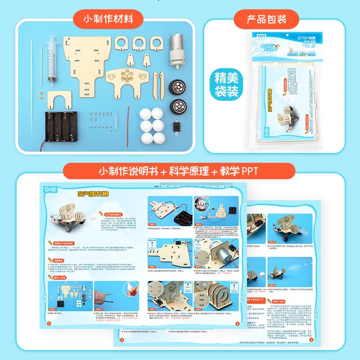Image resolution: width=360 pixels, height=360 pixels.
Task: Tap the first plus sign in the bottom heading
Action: [163, 171]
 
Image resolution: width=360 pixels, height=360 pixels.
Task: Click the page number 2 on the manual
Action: [237, 323]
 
